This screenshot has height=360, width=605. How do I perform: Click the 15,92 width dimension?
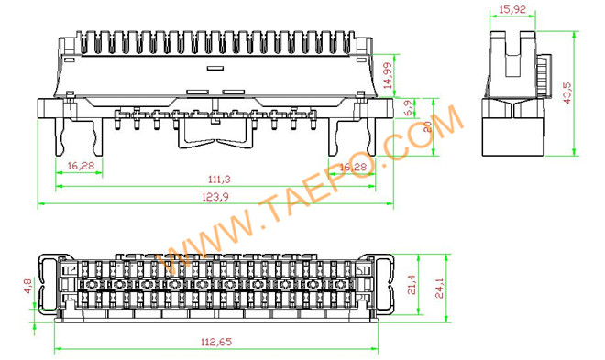pos(512,10)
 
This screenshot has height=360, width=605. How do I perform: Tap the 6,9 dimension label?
pos(407,107)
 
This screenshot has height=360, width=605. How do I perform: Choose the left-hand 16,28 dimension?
pos(81,167)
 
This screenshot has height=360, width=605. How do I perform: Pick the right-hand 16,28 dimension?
pos(352,168)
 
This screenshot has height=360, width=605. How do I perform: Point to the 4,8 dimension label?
pos(27,286)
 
